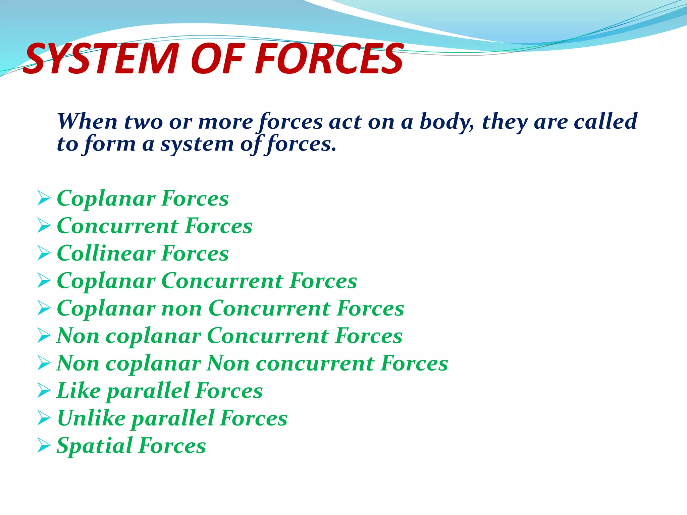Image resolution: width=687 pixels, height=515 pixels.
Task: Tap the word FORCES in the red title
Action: (x=329, y=59)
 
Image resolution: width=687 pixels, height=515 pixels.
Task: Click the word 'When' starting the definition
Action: (x=87, y=121)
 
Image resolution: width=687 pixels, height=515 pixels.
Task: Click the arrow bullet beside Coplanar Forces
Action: (x=44, y=198)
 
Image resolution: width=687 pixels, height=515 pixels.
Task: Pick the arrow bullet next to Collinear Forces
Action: (x=44, y=253)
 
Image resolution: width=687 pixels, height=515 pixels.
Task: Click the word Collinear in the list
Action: (x=106, y=253)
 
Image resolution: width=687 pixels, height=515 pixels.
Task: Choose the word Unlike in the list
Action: (x=92, y=418)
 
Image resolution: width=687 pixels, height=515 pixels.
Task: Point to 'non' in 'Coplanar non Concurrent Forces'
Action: (x=181, y=308)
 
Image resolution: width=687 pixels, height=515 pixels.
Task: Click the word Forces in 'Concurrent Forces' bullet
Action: (x=219, y=226)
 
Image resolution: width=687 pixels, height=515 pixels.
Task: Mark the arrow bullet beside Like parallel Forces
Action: (x=44, y=391)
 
